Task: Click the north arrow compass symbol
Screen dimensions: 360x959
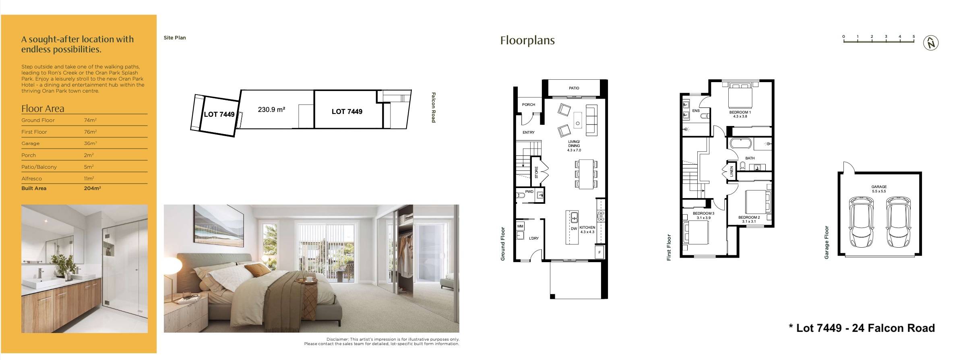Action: pos(931,43)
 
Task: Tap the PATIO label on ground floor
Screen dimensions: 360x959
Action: pos(574,88)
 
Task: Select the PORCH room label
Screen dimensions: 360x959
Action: pos(528,105)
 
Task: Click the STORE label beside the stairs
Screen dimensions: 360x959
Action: pos(536,172)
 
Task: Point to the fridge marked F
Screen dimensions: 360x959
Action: pos(599,252)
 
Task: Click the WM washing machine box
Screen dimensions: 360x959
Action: pos(520,226)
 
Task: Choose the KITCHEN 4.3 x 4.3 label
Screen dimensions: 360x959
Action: pos(587,230)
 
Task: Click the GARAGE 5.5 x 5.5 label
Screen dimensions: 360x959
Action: pos(879,189)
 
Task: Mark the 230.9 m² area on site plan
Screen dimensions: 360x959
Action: pos(272,110)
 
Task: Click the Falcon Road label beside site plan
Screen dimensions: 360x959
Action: pos(433,107)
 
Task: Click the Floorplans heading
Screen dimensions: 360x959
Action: pos(527,41)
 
